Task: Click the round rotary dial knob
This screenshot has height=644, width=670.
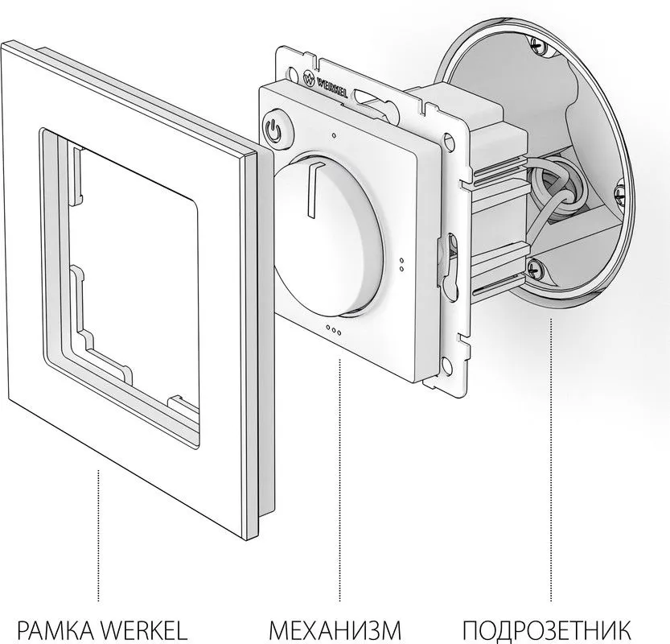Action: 328,236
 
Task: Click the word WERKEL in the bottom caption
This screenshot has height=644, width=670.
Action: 145,630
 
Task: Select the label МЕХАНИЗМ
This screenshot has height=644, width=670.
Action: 335,630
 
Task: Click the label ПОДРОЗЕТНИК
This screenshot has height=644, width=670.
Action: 546,630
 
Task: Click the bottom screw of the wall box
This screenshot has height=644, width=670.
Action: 534,269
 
